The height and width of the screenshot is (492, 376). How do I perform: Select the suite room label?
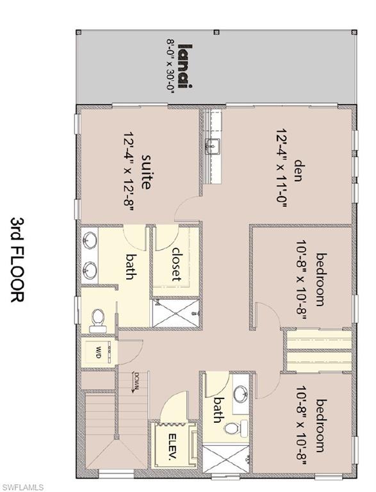pos(146,171)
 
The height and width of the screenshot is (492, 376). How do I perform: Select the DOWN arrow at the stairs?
pos(136,382)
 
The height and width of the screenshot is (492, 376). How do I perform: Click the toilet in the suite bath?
pos(97,318)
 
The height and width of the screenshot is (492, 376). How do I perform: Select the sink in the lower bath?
pos(241,393)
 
